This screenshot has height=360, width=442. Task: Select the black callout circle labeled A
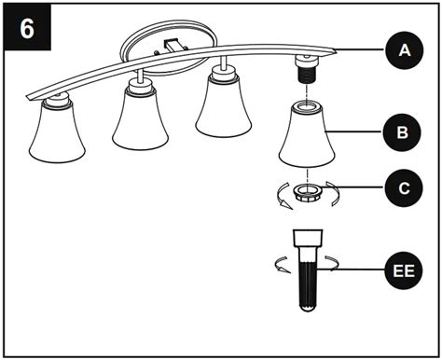tap(402, 50)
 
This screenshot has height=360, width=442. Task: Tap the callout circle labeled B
tap(402, 133)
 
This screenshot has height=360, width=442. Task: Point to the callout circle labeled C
tap(402, 187)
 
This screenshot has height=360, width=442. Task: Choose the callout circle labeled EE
tap(402, 273)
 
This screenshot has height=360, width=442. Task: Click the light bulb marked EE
tap(307, 270)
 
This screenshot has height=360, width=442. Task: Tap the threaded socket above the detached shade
tap(305, 71)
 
